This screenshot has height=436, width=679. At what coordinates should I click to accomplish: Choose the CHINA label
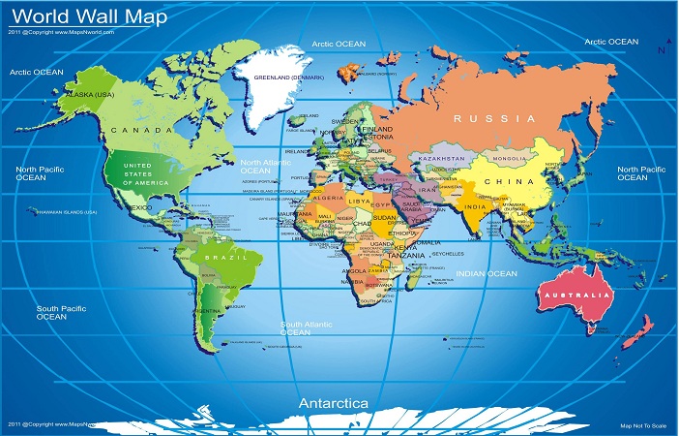click(514, 181)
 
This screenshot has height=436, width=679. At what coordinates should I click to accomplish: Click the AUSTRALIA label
click(576, 294)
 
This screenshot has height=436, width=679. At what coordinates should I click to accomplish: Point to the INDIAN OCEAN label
click(487, 274)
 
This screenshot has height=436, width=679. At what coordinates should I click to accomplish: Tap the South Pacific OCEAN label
click(51, 312)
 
